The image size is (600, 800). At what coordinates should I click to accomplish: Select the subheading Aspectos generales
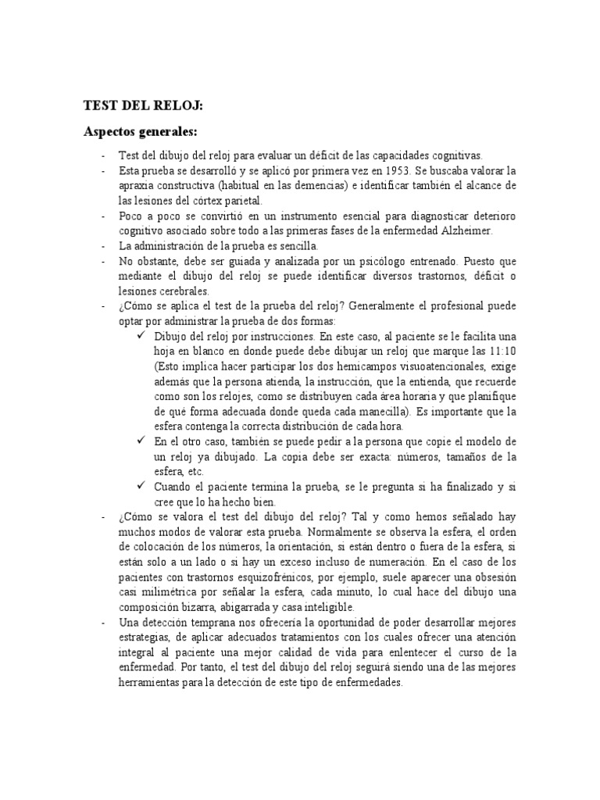pos(141,132)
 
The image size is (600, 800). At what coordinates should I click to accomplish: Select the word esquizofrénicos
pos(291,577)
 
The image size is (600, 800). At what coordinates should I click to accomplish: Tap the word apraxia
pos(136,185)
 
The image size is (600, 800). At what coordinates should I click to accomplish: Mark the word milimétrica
pos(174,591)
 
